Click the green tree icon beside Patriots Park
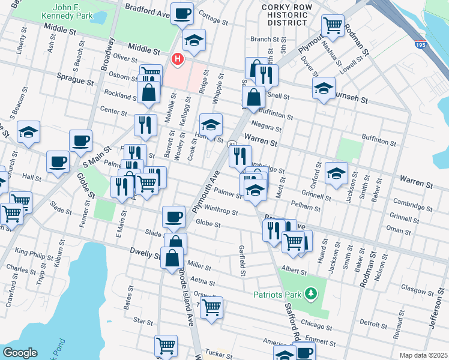coord(311,293)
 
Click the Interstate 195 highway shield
coord(422,44)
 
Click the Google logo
coord(20,352)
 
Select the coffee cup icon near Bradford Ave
coord(182,13)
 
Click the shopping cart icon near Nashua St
coord(333,25)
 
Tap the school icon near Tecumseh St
coord(324,88)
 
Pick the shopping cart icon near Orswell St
coord(211,307)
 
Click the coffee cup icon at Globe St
coord(174,216)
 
